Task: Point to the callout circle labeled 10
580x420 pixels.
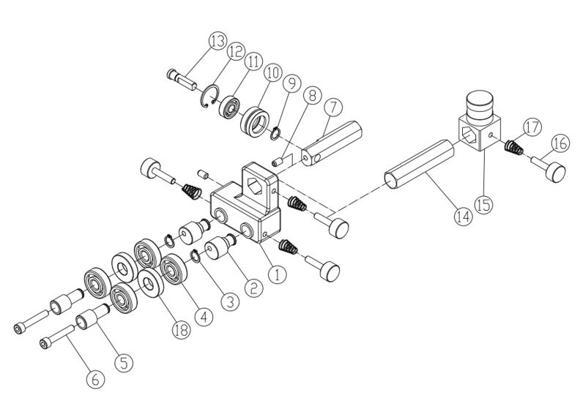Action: (x=273, y=74)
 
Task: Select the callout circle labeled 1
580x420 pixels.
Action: (x=277, y=276)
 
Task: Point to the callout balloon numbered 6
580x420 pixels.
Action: (x=94, y=378)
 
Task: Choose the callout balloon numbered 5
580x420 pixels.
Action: (x=123, y=360)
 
